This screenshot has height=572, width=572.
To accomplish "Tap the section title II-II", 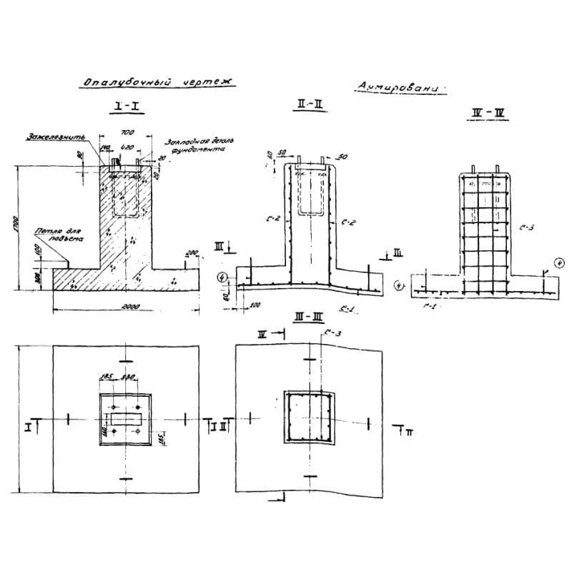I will pos(310,105).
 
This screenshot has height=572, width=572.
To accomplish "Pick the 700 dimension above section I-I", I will pos(127,133).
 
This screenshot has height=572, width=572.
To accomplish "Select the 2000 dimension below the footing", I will pos(129,306).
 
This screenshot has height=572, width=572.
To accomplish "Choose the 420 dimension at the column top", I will pos(129,147).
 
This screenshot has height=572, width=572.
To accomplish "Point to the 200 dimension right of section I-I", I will pos(192,254).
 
